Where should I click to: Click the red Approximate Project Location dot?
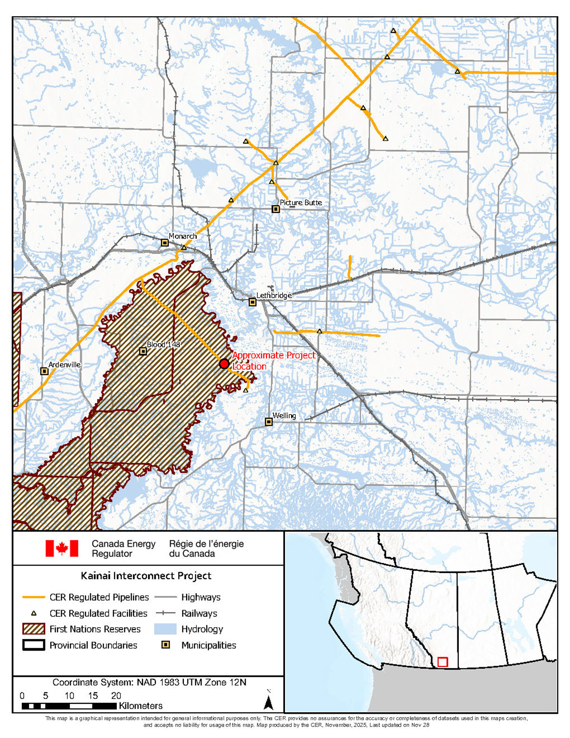224,364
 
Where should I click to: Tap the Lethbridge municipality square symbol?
253,302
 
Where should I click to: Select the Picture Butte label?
301,202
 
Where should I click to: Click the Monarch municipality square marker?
165,243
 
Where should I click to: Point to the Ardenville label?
65,364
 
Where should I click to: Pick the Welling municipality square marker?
269,422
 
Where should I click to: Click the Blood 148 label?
163,345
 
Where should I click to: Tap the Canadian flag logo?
62,548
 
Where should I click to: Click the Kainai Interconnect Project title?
146,576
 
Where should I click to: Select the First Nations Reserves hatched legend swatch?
34,629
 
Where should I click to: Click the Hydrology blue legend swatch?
165,629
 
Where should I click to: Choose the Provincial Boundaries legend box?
34,645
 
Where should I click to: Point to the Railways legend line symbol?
165,613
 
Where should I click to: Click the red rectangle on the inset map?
442,662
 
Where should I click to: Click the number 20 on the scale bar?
116,696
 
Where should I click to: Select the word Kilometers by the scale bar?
141,706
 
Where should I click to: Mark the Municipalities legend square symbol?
166,645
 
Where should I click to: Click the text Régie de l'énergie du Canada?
206,549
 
